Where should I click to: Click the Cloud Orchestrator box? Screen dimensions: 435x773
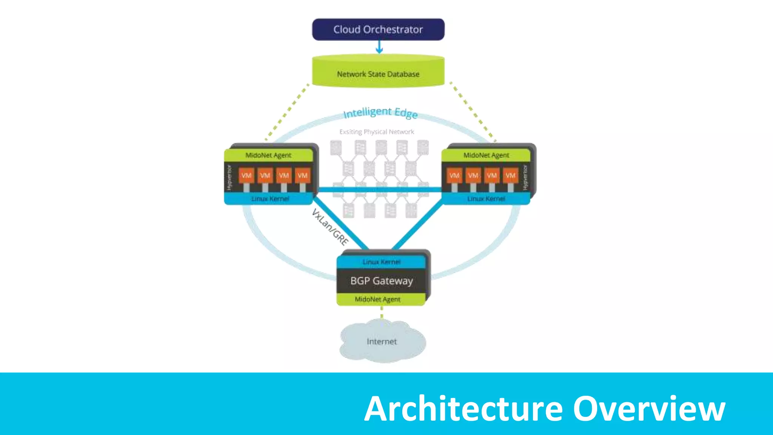378,29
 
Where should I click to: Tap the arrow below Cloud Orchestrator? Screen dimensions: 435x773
379,47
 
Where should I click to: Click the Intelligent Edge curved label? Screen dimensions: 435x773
380,112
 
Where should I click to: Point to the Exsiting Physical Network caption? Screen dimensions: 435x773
377,132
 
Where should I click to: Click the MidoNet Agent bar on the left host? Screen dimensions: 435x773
268,155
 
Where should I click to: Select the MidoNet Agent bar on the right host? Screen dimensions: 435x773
486,155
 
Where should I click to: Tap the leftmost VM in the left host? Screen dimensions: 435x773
246,176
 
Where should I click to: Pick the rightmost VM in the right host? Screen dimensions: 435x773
510,176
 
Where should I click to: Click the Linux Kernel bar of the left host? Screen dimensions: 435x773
270,199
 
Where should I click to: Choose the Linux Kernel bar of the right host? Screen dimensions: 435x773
486,199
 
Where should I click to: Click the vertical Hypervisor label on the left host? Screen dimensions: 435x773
229,177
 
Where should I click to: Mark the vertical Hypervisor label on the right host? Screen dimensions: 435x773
525,177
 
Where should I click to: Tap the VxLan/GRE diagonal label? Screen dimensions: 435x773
330,227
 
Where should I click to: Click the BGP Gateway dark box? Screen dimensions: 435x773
382,281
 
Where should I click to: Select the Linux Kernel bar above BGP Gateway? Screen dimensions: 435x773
381,262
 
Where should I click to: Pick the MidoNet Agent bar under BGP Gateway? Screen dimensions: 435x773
378,299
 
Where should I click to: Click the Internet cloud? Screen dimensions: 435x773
382,341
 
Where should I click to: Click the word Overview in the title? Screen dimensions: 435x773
649,409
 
